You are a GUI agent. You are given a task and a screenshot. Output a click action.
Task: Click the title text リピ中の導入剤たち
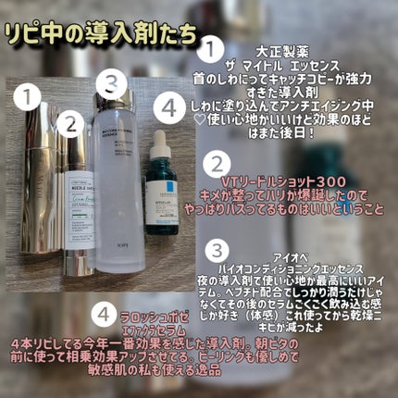coord(102,34)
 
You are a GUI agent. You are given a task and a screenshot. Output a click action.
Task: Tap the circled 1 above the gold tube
coord(34,94)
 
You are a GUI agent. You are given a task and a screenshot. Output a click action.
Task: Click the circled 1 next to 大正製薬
coord(213,44)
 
